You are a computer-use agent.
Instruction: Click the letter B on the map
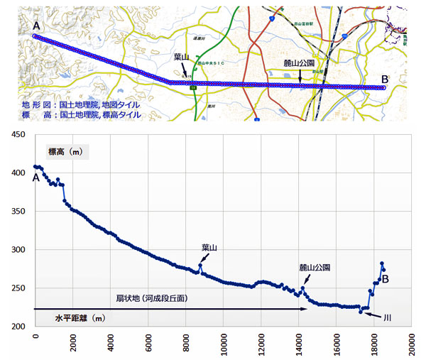click(x=384, y=79)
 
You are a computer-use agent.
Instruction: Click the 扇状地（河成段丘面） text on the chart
click(x=153, y=298)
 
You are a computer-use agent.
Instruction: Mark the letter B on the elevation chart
click(x=386, y=280)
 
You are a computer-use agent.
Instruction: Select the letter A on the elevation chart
click(x=35, y=178)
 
